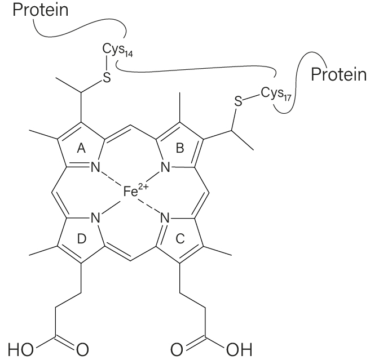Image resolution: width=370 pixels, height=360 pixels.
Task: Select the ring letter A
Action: coord(81,149)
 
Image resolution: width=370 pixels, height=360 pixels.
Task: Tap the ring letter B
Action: coord(180,149)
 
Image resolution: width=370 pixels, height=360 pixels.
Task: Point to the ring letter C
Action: coord(180,239)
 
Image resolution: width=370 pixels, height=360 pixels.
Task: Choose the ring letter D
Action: coord(82,239)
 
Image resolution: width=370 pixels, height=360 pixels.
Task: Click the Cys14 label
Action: coord(117,50)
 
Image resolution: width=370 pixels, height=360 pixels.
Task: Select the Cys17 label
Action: coord(276,94)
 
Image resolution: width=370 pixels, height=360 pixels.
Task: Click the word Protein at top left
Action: coord(41,10)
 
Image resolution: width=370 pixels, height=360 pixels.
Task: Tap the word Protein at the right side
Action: coord(338,74)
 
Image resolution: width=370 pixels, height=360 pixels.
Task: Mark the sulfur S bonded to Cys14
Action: coord(107,77)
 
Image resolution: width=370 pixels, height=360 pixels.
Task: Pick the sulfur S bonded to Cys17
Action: coord(239,101)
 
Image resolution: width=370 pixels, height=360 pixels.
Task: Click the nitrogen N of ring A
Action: coord(95,168)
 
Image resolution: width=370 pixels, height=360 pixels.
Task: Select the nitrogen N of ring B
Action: coord(165,168)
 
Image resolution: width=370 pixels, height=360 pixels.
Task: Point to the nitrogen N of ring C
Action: coord(165,217)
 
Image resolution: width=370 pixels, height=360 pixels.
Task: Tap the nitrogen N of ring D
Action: coord(95,217)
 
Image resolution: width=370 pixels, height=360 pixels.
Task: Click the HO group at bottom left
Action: coord(20,350)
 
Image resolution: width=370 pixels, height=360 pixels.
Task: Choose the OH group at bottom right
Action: coord(239,350)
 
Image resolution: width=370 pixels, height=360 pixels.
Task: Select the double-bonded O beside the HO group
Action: coord(82,350)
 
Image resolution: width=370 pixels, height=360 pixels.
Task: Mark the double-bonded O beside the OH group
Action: coord(177,350)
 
